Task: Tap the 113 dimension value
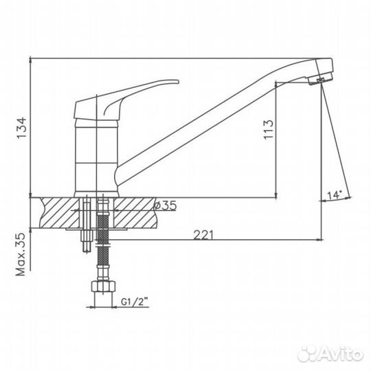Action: coord(269,130)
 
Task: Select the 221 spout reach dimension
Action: coord(203,235)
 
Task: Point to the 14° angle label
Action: coord(335,195)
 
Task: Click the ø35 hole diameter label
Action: coord(165,205)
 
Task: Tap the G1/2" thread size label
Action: coord(135,302)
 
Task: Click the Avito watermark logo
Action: coord(330,354)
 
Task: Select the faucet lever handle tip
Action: coord(177,82)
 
